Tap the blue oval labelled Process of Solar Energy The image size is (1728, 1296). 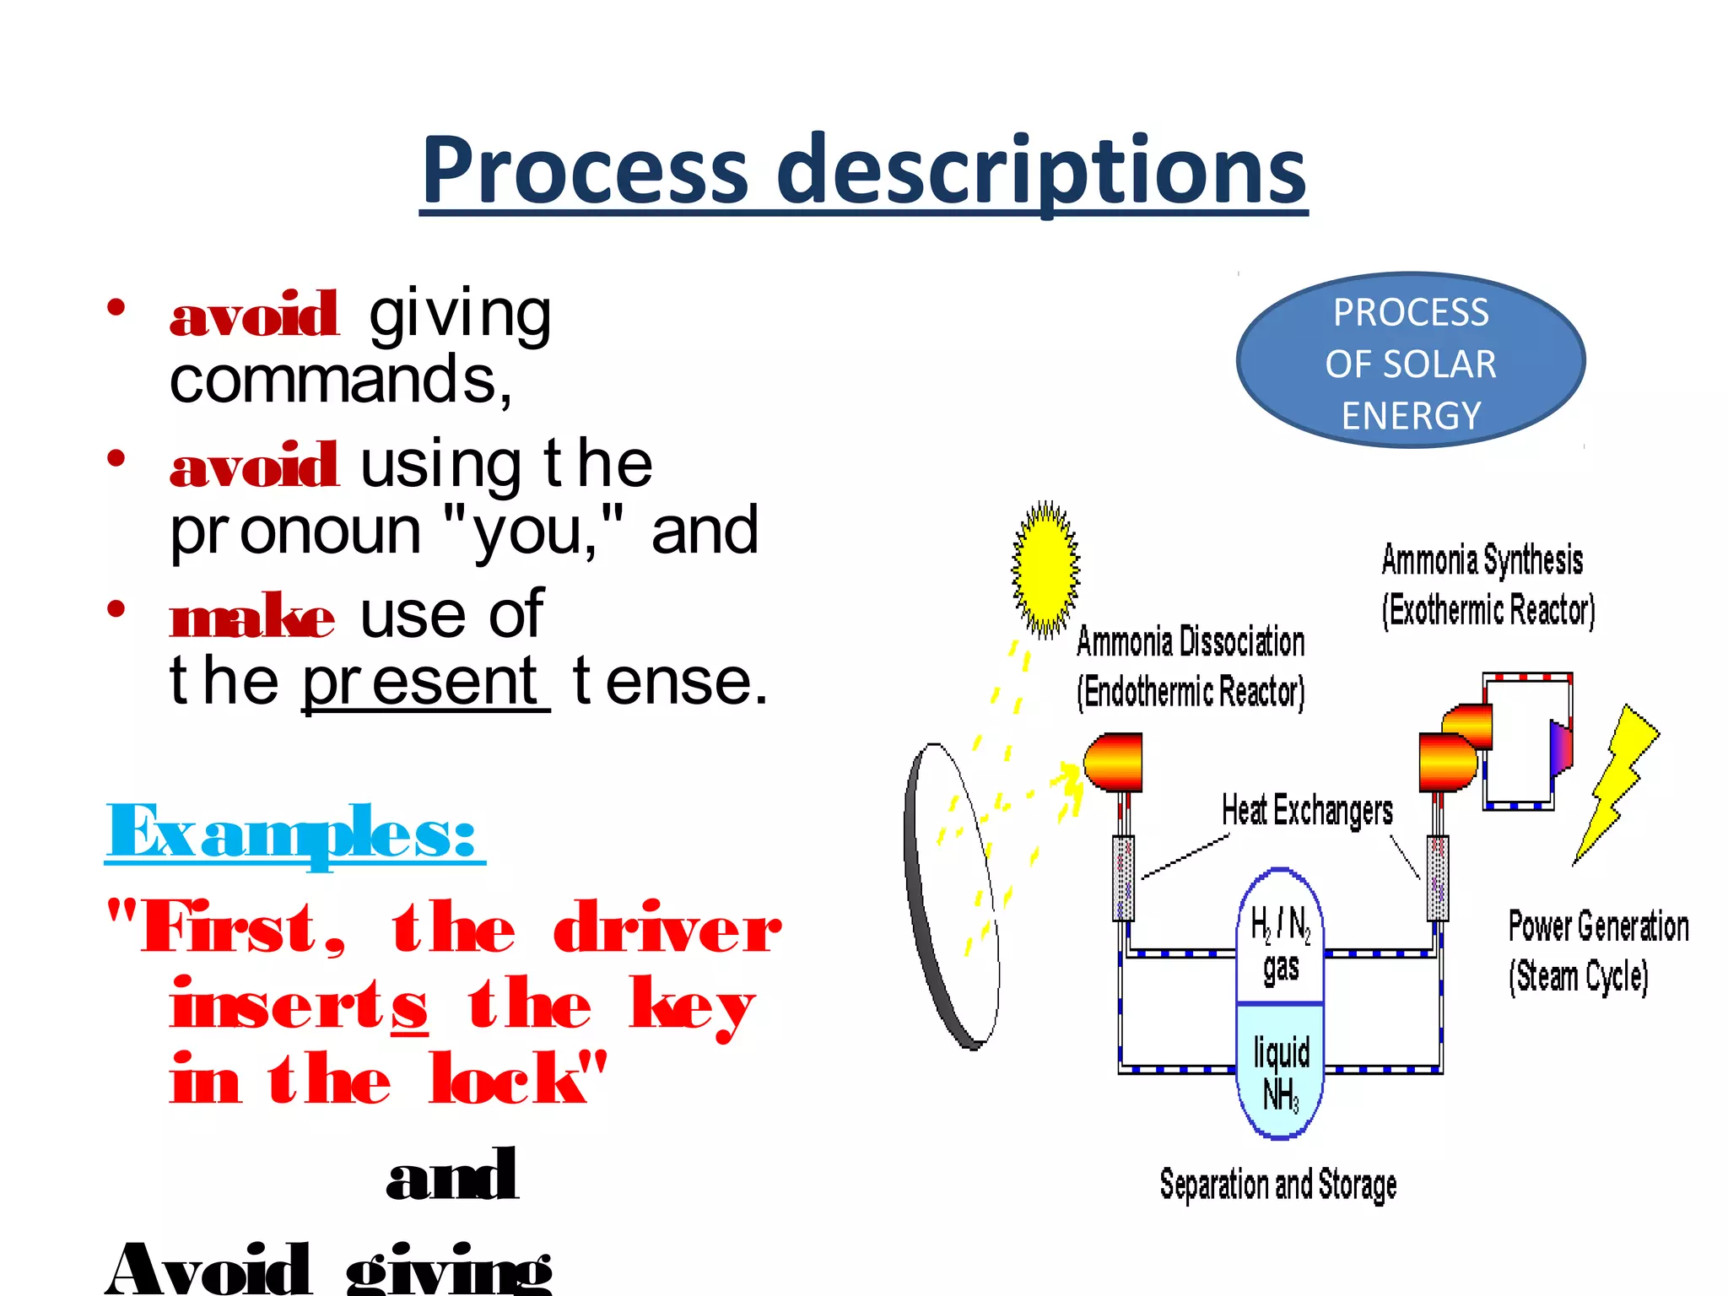(x=1410, y=361)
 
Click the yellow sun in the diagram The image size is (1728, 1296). (x=1045, y=570)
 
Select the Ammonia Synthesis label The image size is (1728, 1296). (x=1487, y=585)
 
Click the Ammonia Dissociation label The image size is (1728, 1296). (x=1191, y=667)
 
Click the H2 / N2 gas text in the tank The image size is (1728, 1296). (x=1280, y=945)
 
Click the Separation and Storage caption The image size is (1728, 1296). (x=1277, y=1185)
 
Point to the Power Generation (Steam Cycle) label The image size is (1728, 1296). (x=1597, y=951)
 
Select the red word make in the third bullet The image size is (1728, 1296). (x=251, y=617)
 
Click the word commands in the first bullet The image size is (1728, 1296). (x=340, y=381)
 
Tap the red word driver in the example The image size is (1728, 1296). (x=667, y=928)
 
